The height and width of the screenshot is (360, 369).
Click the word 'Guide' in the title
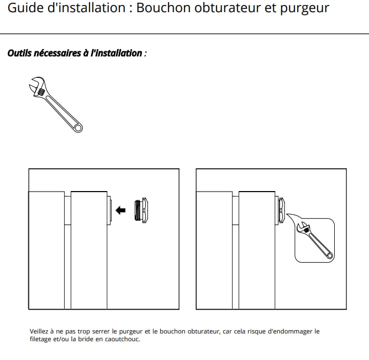[25, 9]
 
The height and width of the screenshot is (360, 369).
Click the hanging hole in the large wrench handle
[78, 128]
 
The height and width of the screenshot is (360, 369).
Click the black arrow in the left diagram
[122, 210]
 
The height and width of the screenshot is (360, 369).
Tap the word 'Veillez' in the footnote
[40, 332]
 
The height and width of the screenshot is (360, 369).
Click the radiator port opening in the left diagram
[110, 210]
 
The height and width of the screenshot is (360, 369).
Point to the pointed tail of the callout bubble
[288, 217]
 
